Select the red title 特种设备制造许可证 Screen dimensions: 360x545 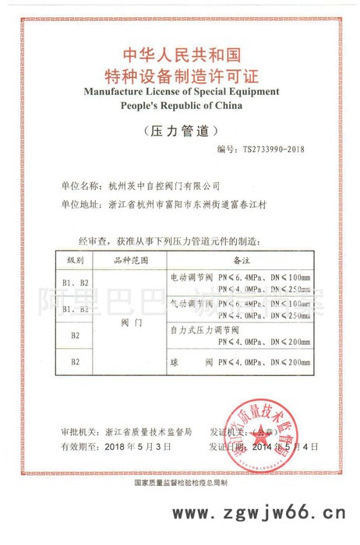181,76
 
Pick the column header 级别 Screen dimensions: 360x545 76,258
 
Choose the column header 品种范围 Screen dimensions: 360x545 131,258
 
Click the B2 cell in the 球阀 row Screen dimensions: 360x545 76,362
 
